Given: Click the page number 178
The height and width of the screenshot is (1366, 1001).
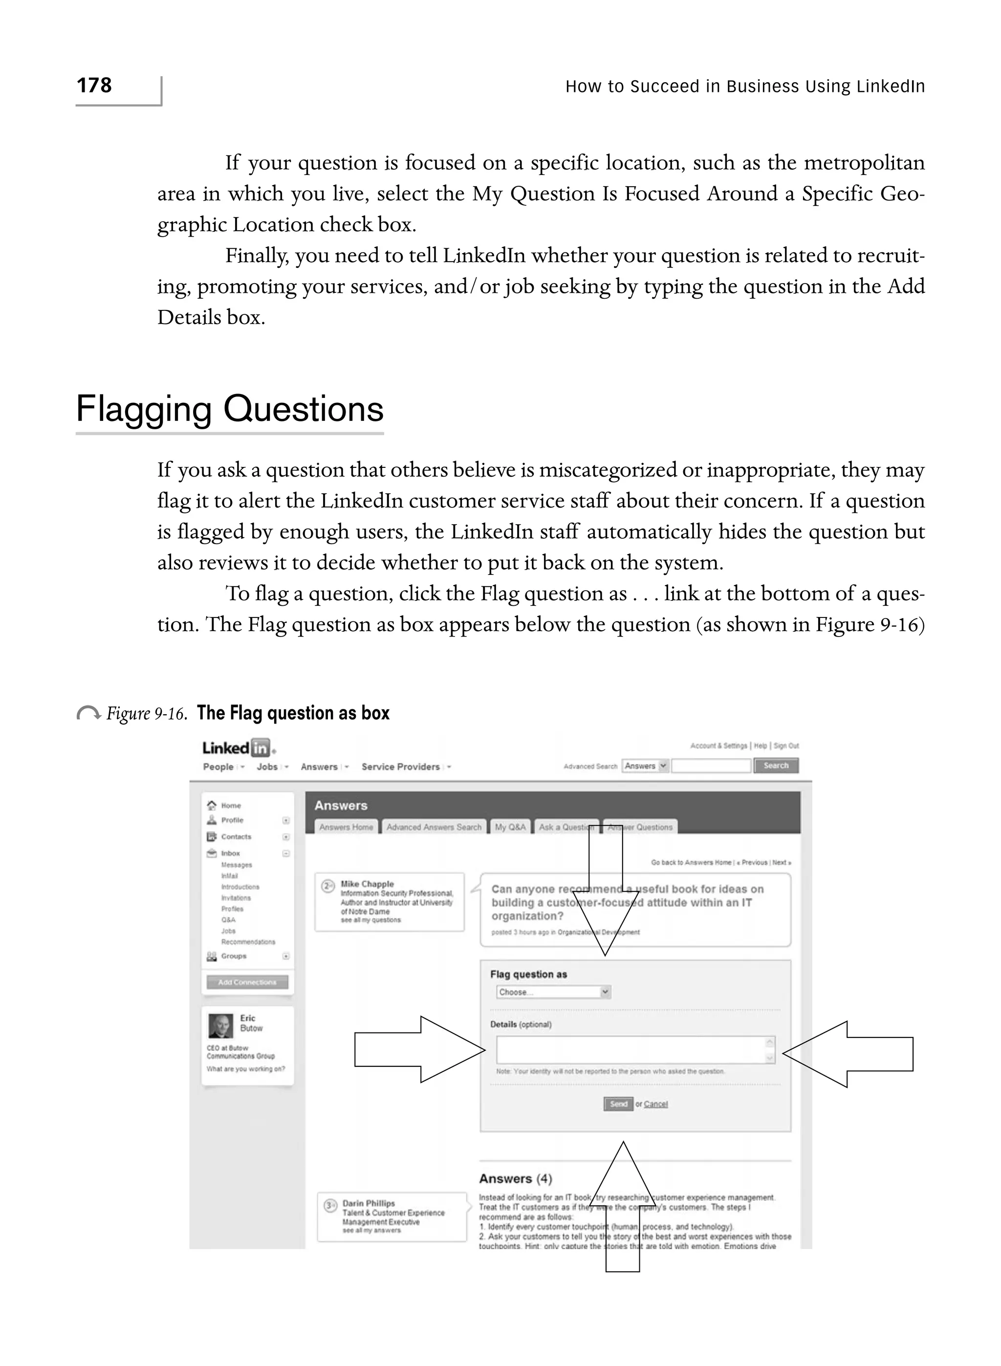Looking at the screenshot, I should pos(94,86).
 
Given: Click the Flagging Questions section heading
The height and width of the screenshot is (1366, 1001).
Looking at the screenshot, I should pos(230,409).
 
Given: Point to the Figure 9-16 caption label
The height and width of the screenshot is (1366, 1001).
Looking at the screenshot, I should pos(146,713).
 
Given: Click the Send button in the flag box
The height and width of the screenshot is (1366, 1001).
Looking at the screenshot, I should pos(618,1104).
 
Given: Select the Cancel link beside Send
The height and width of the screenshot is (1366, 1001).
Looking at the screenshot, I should pos(655,1104).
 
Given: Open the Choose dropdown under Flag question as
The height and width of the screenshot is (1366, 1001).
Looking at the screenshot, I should pos(553,992).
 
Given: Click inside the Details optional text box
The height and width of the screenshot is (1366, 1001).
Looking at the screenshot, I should pos(630,1050).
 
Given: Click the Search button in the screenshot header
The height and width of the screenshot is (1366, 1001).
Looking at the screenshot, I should pos(776,766).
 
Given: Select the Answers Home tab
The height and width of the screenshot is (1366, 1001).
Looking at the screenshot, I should pos(346,827).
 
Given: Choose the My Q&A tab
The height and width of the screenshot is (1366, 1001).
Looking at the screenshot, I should pos(510,827).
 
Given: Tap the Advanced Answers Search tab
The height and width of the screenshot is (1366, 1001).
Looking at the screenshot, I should pos(434,827).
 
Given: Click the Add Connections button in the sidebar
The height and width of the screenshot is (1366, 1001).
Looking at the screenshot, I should pos(247,982).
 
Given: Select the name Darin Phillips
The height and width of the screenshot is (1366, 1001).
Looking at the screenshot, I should pos(369,1204).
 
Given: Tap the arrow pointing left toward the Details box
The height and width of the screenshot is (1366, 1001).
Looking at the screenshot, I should pos(849,1054).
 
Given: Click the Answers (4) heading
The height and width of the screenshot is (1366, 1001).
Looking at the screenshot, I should pos(515,1179).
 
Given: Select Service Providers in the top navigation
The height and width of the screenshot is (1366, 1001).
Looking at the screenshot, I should pos(400,767).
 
